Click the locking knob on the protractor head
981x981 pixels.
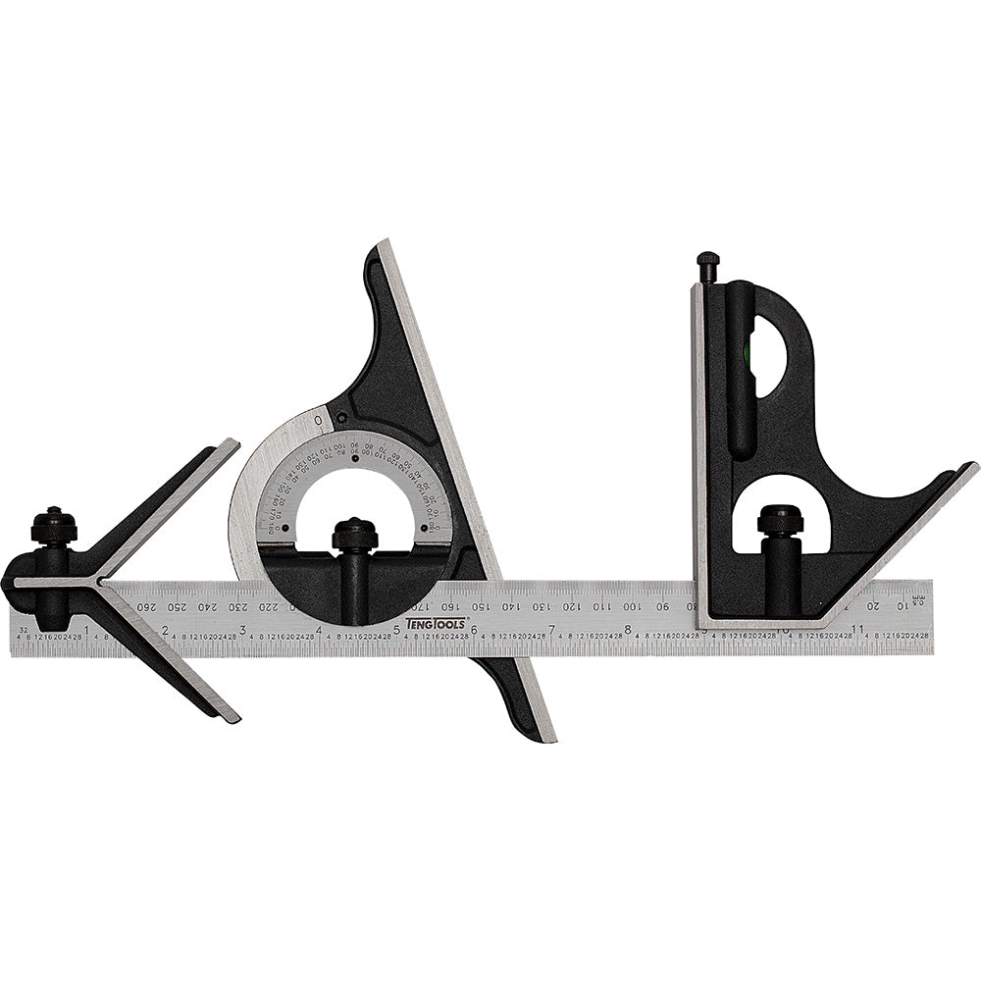coord(354,536)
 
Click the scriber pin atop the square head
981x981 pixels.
coord(708,265)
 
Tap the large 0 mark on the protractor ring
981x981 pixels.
coord(319,421)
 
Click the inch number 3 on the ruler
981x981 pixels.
coord(242,630)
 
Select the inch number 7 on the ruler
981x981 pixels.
coord(551,630)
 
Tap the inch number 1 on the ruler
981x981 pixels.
coord(87,630)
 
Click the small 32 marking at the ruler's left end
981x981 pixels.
coord(22,624)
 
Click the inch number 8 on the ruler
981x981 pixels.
coord(628,630)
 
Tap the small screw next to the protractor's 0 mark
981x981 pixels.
coord(340,419)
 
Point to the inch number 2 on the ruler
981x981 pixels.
coord(165,630)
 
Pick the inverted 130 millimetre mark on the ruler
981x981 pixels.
coord(540,606)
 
